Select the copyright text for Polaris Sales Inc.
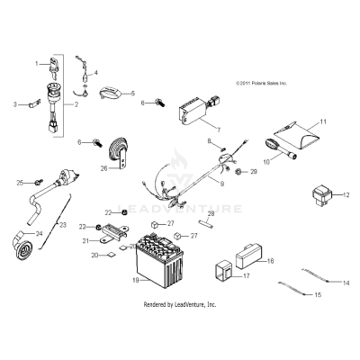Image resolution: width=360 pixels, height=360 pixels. [260, 81]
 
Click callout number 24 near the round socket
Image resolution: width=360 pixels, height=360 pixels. [37, 234]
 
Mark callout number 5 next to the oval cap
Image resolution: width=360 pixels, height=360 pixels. [133, 93]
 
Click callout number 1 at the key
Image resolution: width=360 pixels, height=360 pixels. [37, 63]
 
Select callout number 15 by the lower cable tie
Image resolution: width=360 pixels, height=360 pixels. [315, 293]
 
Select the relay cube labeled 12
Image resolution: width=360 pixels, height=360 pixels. [321, 195]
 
